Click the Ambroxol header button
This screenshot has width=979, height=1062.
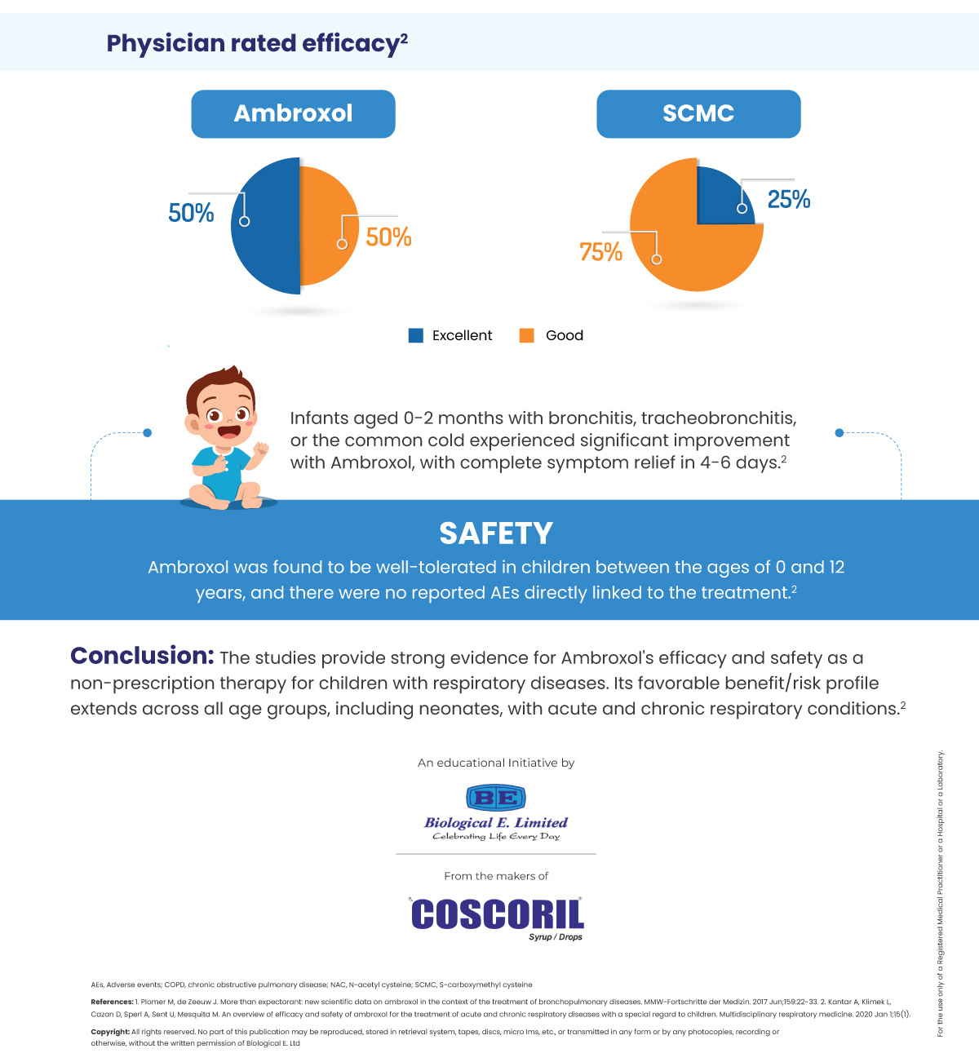point(293,113)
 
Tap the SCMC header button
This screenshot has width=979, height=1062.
point(698,113)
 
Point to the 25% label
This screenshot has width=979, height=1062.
point(789,200)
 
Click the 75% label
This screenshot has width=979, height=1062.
point(600,252)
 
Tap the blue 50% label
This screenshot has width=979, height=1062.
point(191,214)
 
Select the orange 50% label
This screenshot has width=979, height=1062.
point(388,237)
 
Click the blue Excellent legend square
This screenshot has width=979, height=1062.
point(416,335)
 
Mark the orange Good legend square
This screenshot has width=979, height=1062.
point(527,335)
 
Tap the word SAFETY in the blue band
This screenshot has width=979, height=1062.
point(496,533)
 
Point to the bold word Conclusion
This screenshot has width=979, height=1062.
point(142,656)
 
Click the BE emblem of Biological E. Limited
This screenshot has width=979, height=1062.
point(495,797)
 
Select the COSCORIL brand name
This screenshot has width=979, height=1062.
point(498,914)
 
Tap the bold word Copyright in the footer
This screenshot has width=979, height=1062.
point(110,1032)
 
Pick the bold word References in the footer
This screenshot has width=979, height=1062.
point(112,1002)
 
